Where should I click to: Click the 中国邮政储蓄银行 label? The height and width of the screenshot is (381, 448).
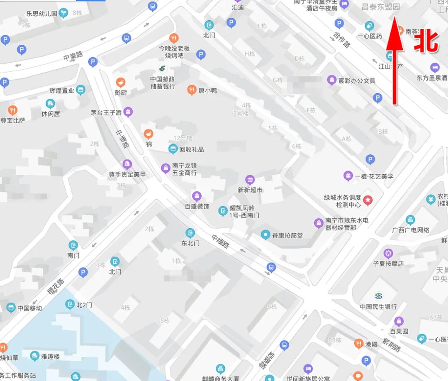pyautogui.click(x=163, y=83)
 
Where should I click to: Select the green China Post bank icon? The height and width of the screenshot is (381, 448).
pyautogui.click(x=163, y=68)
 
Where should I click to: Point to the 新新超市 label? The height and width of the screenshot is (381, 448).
pyautogui.click(x=250, y=190)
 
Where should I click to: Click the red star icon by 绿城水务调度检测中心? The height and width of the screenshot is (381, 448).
pyautogui.click(x=368, y=201)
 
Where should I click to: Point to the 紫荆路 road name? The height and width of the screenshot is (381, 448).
pyautogui.click(x=391, y=344)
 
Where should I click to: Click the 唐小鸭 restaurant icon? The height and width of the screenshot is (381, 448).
pyautogui.click(x=192, y=90)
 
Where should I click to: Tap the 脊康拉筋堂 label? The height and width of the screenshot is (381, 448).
pyautogui.click(x=287, y=235)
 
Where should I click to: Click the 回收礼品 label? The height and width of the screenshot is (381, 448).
pyautogui.click(x=191, y=149)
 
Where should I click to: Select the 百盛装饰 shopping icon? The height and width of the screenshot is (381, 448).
pyautogui.click(x=197, y=196)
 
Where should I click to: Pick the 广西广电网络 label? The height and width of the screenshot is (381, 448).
pyautogui.click(x=411, y=230)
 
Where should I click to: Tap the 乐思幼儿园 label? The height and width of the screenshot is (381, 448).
pyautogui.click(x=41, y=13)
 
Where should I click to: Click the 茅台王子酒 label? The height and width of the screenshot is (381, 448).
pyautogui.click(x=106, y=112)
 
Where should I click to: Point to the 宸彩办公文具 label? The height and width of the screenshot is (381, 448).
pyautogui.click(x=357, y=81)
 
